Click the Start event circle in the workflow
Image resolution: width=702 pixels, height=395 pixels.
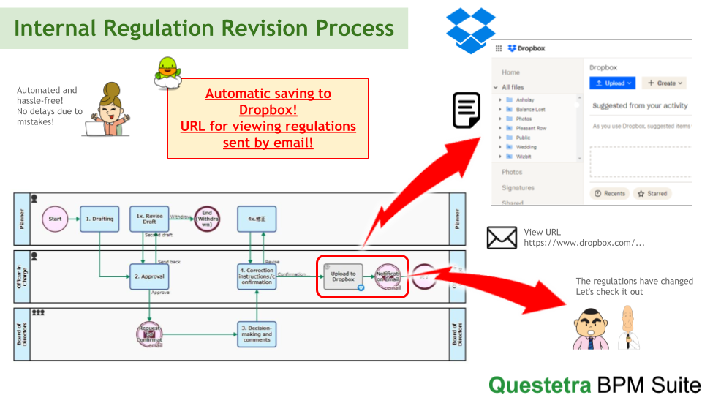[55, 219]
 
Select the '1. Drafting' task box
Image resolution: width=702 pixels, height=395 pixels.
[99, 219]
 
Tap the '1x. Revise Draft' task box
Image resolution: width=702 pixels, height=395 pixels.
[149, 219]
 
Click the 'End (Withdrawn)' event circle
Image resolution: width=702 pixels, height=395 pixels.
[206, 219]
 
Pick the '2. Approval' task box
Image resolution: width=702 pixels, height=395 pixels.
[149, 276]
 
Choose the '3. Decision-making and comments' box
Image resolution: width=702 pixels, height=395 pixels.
[257, 334]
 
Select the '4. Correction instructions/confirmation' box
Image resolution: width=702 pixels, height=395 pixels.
[257, 276]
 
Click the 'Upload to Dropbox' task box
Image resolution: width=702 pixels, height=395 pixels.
[343, 276]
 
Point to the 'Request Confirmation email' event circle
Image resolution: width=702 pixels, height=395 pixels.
[149, 334]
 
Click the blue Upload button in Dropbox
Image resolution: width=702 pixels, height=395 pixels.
[612, 83]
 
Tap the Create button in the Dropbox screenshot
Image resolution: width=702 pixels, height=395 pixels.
[665, 83]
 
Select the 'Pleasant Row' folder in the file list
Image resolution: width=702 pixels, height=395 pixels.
[531, 128]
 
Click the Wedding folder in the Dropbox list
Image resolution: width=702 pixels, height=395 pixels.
[526, 147]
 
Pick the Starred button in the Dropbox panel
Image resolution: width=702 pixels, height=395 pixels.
[652, 194]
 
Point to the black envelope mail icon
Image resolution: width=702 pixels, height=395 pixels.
[502, 238]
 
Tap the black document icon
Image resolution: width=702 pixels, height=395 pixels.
[467, 110]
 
